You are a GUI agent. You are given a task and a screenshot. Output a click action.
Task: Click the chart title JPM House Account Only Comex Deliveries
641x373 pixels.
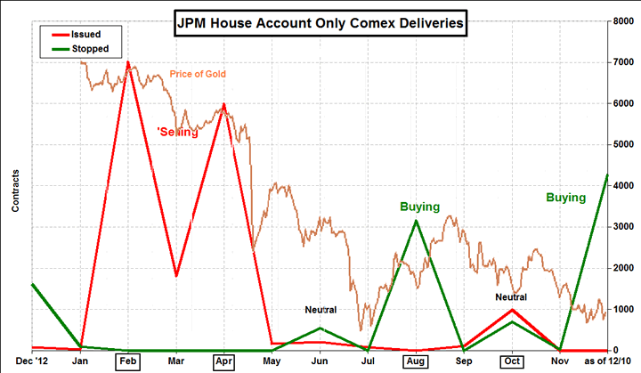[320, 24]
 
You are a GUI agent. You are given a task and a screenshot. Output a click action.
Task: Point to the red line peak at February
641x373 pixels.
[128, 62]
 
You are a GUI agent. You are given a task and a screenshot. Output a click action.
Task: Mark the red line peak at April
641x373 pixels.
[223, 104]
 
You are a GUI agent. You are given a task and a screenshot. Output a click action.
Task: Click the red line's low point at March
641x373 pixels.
[176, 276]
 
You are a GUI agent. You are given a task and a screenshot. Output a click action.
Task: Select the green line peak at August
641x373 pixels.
[416, 221]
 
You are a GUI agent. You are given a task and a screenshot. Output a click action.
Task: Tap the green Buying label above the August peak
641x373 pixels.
[419, 207]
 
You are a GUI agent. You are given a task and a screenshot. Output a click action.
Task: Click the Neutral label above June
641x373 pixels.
[320, 310]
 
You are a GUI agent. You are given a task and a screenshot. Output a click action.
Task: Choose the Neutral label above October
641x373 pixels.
[511, 296]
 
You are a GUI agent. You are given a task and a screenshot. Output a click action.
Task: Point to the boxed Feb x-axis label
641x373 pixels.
[127, 362]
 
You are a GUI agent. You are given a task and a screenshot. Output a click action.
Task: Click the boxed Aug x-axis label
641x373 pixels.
[416, 362]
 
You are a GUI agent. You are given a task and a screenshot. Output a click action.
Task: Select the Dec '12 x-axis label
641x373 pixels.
[32, 362]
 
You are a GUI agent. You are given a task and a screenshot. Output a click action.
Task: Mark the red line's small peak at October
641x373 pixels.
[511, 310]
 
